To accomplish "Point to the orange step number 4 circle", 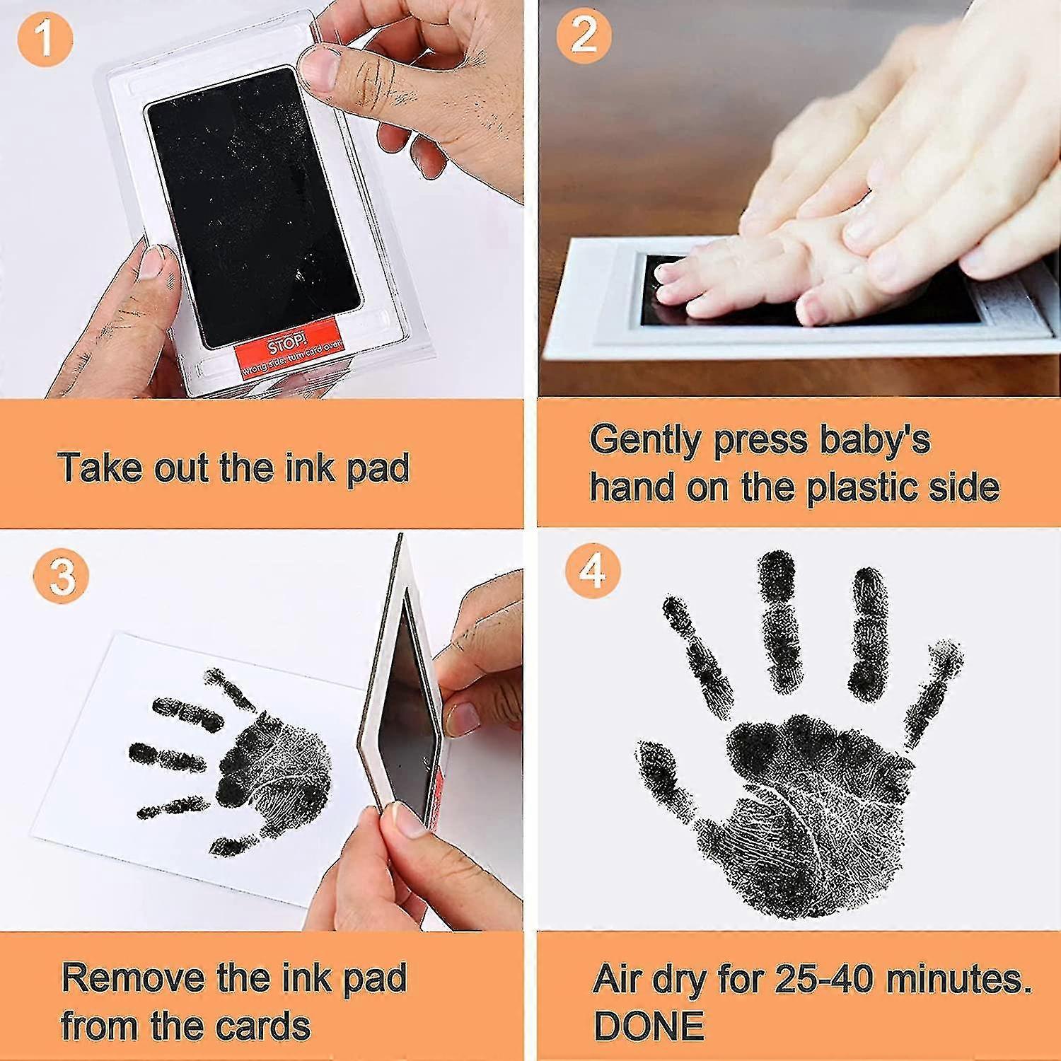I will [x=593, y=570].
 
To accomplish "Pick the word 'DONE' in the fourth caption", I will [x=649, y=1026].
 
